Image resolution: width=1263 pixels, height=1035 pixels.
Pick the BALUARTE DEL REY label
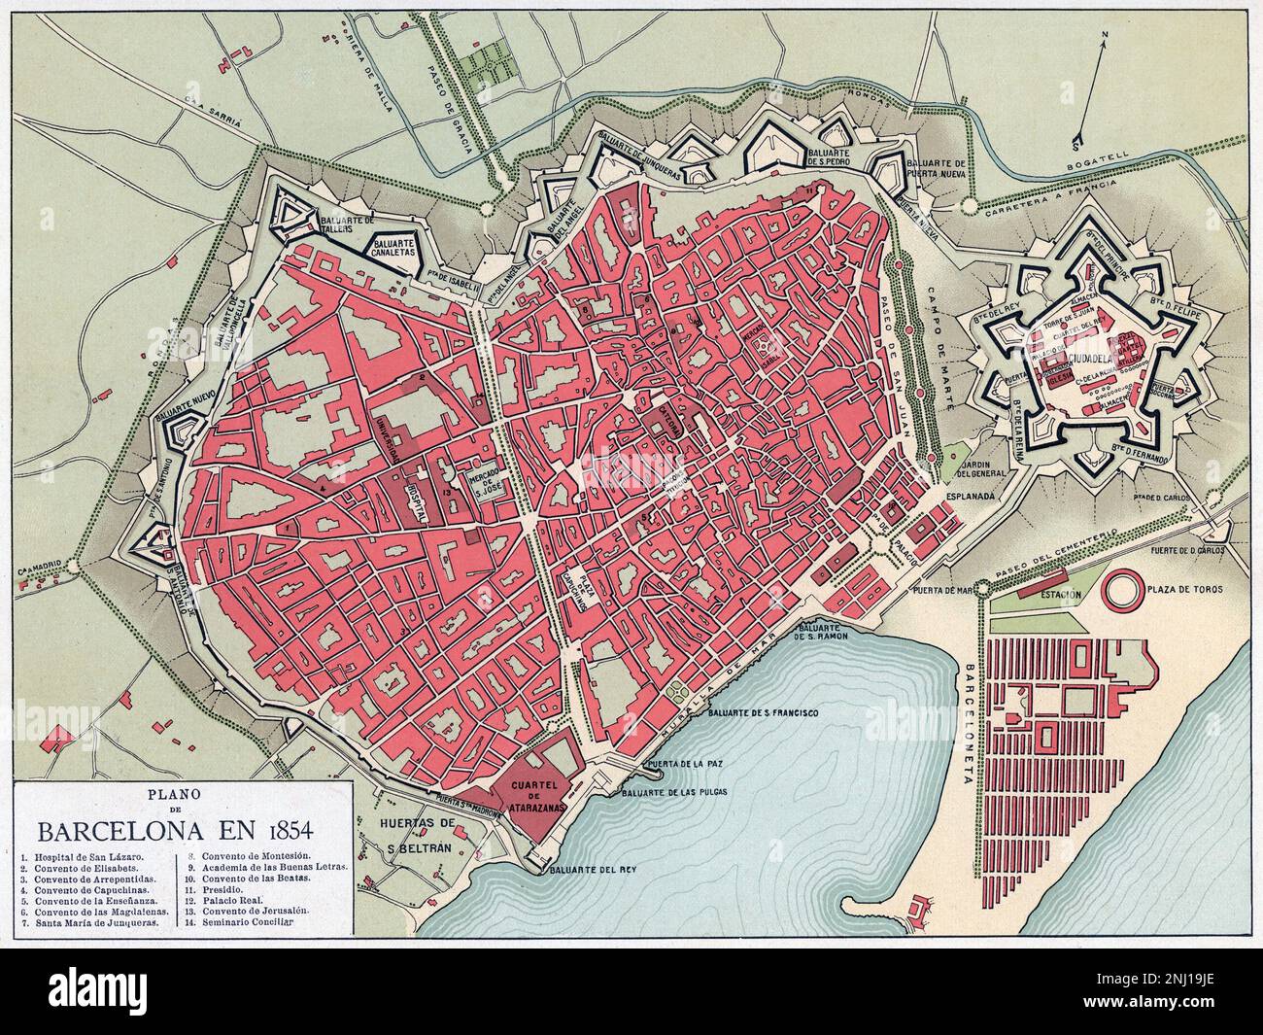click(584, 870)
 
